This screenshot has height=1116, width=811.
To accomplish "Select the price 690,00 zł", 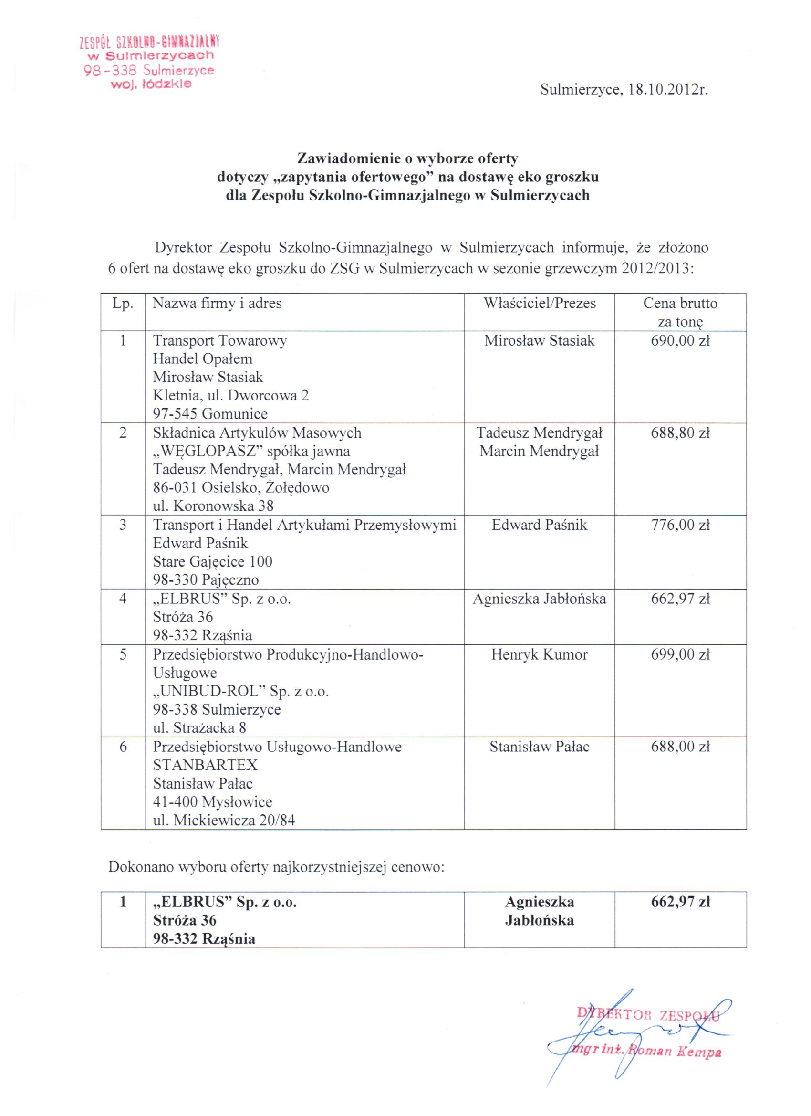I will pyautogui.click(x=680, y=340).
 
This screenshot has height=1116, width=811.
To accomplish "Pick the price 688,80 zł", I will pyautogui.click(x=680, y=433).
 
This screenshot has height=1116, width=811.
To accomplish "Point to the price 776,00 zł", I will pyautogui.click(x=680, y=525).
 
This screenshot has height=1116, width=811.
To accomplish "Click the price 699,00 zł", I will pyautogui.click(x=680, y=654).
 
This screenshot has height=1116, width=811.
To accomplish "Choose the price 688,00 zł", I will pyautogui.click(x=680, y=747).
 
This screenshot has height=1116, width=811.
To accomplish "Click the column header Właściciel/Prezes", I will pyautogui.click(x=540, y=303).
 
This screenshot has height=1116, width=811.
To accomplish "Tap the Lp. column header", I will pyautogui.click(x=123, y=303).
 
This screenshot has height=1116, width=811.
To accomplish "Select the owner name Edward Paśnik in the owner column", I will pyautogui.click(x=540, y=525).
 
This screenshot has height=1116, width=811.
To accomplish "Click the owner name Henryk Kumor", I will pyautogui.click(x=540, y=654).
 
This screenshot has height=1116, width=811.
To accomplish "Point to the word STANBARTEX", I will pyautogui.click(x=205, y=765).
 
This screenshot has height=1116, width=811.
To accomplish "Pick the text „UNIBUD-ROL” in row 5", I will pyautogui.click(x=210, y=691).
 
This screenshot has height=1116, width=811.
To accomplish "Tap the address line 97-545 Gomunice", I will pyautogui.click(x=210, y=414).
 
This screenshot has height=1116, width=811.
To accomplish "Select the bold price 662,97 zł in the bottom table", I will pyautogui.click(x=680, y=902).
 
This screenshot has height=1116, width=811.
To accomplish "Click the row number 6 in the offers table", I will pyautogui.click(x=123, y=747).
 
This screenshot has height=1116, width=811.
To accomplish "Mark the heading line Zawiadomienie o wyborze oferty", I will pyautogui.click(x=407, y=158).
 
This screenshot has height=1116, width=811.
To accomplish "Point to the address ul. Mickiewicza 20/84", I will pyautogui.click(x=224, y=820).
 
